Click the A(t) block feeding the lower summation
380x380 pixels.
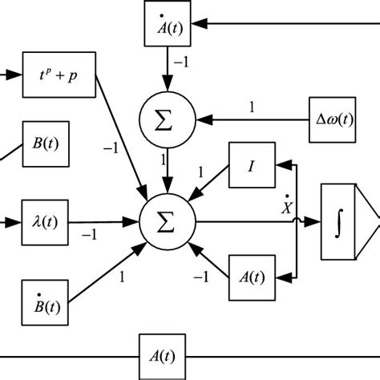click(x=250, y=277)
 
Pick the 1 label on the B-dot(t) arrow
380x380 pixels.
click(x=122, y=278)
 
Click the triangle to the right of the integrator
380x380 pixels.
click(x=371, y=220)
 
